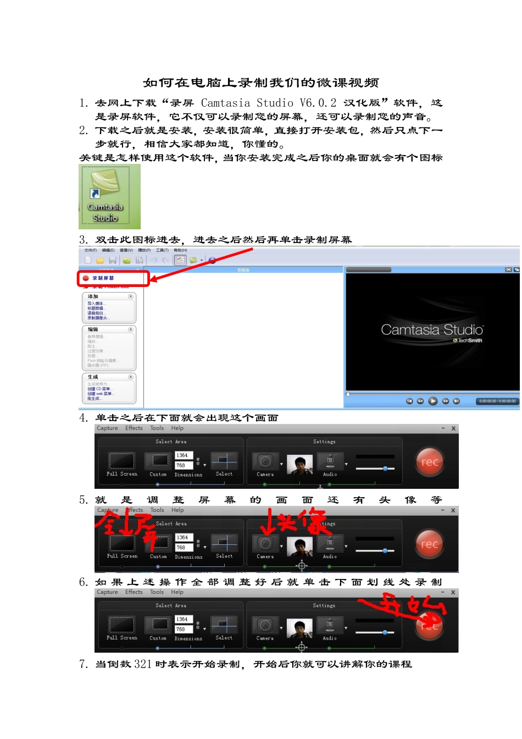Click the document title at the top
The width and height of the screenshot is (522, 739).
[260, 83]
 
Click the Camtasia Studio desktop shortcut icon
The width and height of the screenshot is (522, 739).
[109, 196]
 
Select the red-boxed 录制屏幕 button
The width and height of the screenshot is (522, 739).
[113, 278]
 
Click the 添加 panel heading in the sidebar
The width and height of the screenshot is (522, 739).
[93, 296]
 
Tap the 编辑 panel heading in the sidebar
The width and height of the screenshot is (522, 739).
[93, 329]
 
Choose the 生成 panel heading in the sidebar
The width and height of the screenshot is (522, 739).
[93, 377]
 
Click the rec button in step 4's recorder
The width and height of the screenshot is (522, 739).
[429, 462]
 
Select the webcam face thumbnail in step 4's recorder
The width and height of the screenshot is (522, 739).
[299, 464]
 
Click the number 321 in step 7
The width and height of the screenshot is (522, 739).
[143, 664]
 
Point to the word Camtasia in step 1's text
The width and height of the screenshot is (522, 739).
[225, 103]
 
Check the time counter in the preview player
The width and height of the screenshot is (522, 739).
[497, 401]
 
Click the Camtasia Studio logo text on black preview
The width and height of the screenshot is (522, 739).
[432, 330]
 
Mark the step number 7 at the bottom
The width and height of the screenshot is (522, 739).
[83, 664]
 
